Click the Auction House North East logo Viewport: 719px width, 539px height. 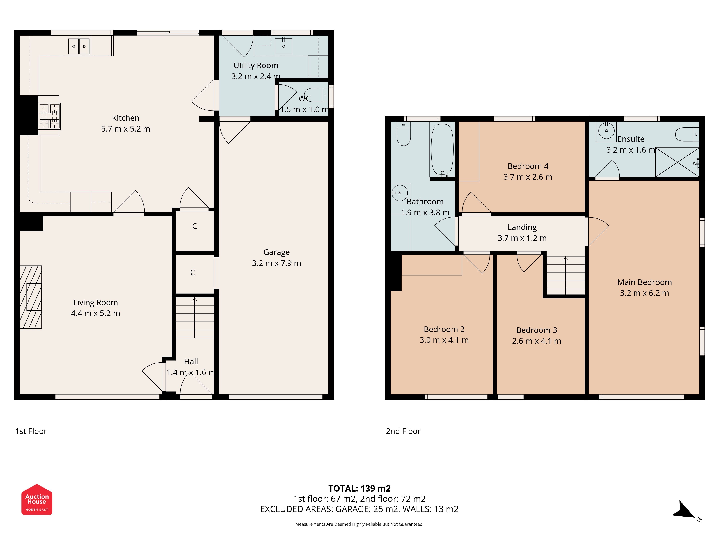click(37, 499)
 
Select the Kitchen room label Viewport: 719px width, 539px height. click(125, 118)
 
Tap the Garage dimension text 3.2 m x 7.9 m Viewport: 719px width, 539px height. click(276, 263)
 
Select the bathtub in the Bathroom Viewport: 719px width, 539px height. click(442, 150)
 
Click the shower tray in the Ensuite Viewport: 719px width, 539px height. click(677, 162)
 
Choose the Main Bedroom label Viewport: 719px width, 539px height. click(644, 282)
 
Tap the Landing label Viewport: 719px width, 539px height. click(522, 227)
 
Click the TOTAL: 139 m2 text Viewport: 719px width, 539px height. click(359, 488)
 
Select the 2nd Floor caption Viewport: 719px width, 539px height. click(403, 431)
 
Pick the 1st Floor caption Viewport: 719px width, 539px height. click(31, 431)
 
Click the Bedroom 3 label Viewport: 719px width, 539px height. click(537, 330)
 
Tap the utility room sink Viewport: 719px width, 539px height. click(283, 45)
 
